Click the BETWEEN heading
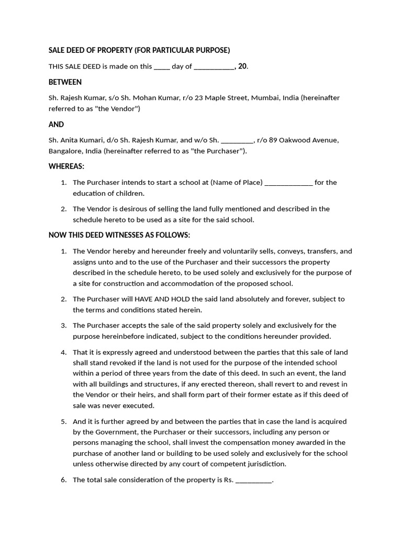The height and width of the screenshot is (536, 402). click(x=65, y=82)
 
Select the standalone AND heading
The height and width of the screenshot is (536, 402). click(x=56, y=125)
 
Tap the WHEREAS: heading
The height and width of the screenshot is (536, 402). click(x=66, y=166)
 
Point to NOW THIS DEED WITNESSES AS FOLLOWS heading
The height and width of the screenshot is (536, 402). click(x=119, y=235)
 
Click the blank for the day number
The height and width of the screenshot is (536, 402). click(x=162, y=67)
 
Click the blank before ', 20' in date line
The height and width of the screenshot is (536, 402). click(x=215, y=67)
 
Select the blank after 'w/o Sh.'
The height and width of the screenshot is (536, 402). click(x=237, y=140)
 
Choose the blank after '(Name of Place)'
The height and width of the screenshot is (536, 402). click(x=289, y=183)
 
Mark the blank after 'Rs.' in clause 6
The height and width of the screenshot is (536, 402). click(x=254, y=480)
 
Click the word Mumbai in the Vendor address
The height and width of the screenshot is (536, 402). click(x=265, y=98)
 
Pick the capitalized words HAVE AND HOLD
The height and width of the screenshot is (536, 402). click(x=161, y=299)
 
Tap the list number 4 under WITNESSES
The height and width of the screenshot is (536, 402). click(x=63, y=352)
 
